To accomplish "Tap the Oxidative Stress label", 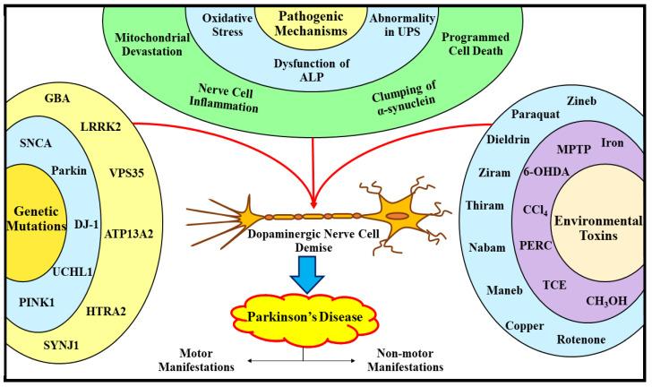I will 226,25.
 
